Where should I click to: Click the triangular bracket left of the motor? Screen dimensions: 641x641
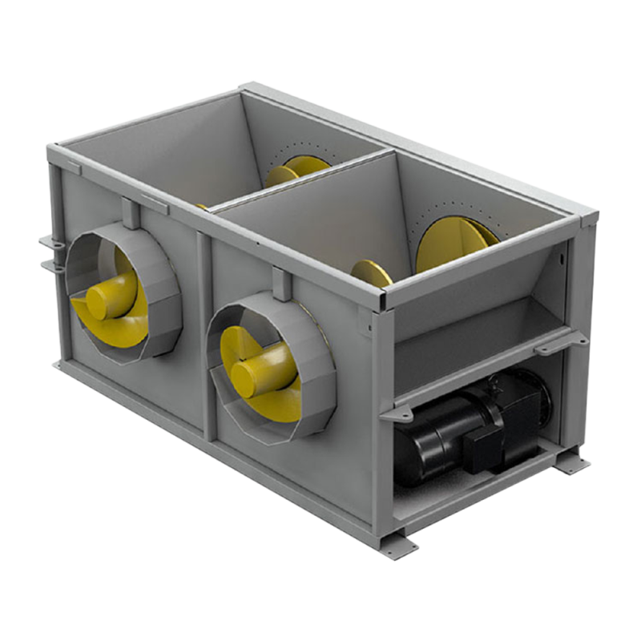tap(393, 414)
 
